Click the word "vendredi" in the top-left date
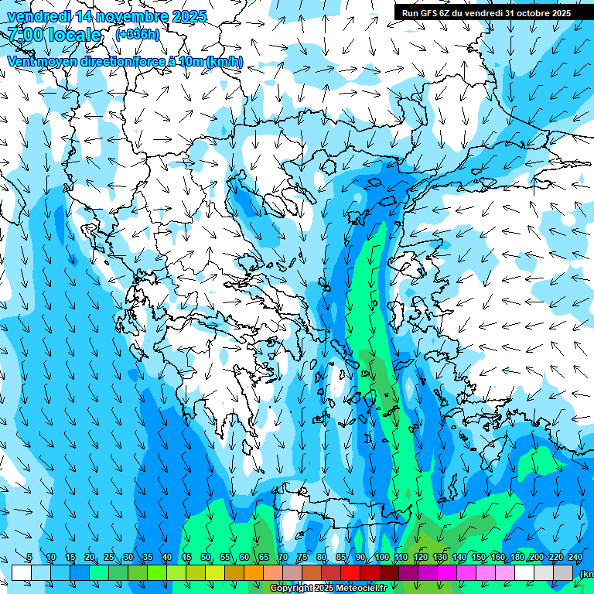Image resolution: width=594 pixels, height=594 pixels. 35,15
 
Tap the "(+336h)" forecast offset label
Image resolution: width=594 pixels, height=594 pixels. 138,35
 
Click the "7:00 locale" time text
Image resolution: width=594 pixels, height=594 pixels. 54,35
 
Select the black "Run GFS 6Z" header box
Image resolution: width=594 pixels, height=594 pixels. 483,12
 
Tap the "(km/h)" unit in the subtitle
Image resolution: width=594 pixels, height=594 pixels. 225,62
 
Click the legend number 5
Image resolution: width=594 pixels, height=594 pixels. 29,558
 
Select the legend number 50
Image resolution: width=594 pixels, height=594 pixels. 206,558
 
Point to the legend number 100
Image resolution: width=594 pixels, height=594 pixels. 381,558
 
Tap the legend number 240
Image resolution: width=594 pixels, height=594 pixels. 575,558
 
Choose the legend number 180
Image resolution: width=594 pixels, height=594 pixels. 517,558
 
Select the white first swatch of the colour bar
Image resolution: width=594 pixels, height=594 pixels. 22,572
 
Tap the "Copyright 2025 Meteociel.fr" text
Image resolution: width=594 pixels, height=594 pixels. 339,589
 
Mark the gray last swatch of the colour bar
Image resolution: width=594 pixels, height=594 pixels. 563,572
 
